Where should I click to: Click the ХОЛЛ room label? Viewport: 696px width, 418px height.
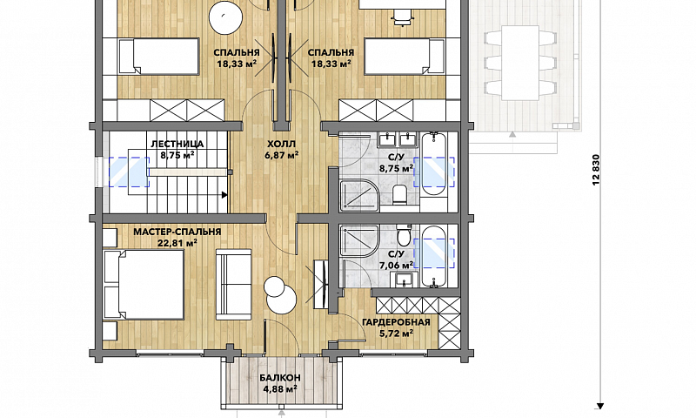[281, 144]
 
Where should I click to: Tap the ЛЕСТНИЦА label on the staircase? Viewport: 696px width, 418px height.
[177, 144]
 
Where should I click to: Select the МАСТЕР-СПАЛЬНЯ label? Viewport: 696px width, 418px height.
[177, 232]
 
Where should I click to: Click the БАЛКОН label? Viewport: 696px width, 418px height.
[280, 378]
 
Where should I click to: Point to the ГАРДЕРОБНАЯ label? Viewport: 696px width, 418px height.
[396, 322]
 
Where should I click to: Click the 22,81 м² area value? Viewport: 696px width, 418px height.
[177, 243]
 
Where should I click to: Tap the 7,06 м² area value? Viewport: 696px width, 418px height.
[396, 266]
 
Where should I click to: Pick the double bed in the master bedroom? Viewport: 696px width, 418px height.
[144, 284]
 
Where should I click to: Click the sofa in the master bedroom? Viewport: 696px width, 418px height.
[234, 284]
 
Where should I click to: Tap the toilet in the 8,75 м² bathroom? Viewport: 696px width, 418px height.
[399, 194]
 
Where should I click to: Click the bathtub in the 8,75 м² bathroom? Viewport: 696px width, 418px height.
[434, 164]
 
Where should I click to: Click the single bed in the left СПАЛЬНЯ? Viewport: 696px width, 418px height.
[158, 56]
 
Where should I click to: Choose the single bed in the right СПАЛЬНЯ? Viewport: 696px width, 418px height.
[404, 56]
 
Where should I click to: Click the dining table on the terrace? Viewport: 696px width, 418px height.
[520, 63]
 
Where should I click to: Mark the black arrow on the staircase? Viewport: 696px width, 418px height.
[224, 194]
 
